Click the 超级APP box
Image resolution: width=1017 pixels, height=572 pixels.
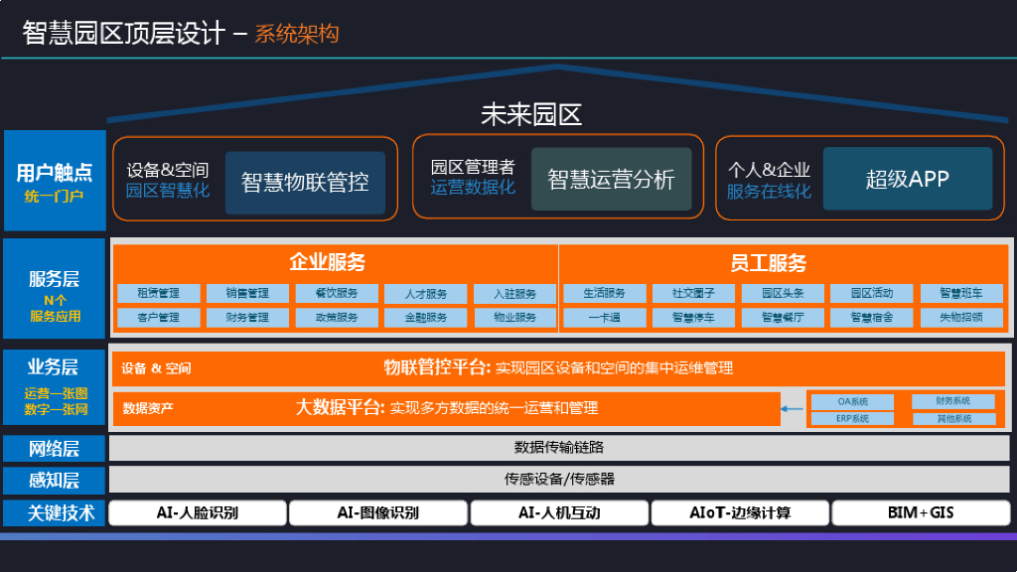[907, 180]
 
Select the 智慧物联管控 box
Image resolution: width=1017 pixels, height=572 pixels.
[305, 182]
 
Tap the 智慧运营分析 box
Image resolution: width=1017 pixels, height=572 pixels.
[611, 180]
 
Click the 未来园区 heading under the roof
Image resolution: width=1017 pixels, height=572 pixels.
[530, 115]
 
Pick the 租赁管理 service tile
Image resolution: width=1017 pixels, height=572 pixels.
[158, 294]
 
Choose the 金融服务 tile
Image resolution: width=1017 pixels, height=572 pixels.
[425, 318]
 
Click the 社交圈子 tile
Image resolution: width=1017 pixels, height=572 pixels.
[692, 294]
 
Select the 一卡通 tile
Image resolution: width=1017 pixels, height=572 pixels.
[604, 318]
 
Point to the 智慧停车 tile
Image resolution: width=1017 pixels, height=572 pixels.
[692, 318]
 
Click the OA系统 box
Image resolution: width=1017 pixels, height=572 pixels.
[852, 402]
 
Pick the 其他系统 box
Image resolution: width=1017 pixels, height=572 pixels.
[953, 418]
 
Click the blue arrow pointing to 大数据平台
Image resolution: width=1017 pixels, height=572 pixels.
[792, 408]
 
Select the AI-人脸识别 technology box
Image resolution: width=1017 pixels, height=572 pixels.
[198, 513]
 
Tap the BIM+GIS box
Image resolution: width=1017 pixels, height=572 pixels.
[920, 513]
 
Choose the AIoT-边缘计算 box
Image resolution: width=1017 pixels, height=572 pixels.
[740, 513]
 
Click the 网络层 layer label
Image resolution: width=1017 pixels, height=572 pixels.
[55, 448]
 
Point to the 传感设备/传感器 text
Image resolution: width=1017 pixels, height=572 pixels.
[559, 479]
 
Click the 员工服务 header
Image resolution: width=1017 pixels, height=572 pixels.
[768, 263]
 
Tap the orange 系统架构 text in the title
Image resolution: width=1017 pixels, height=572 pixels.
[296, 34]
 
